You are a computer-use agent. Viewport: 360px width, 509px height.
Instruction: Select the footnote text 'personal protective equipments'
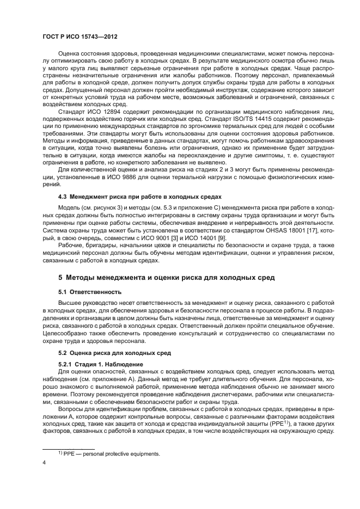pyautogui.click(x=112, y=453)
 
